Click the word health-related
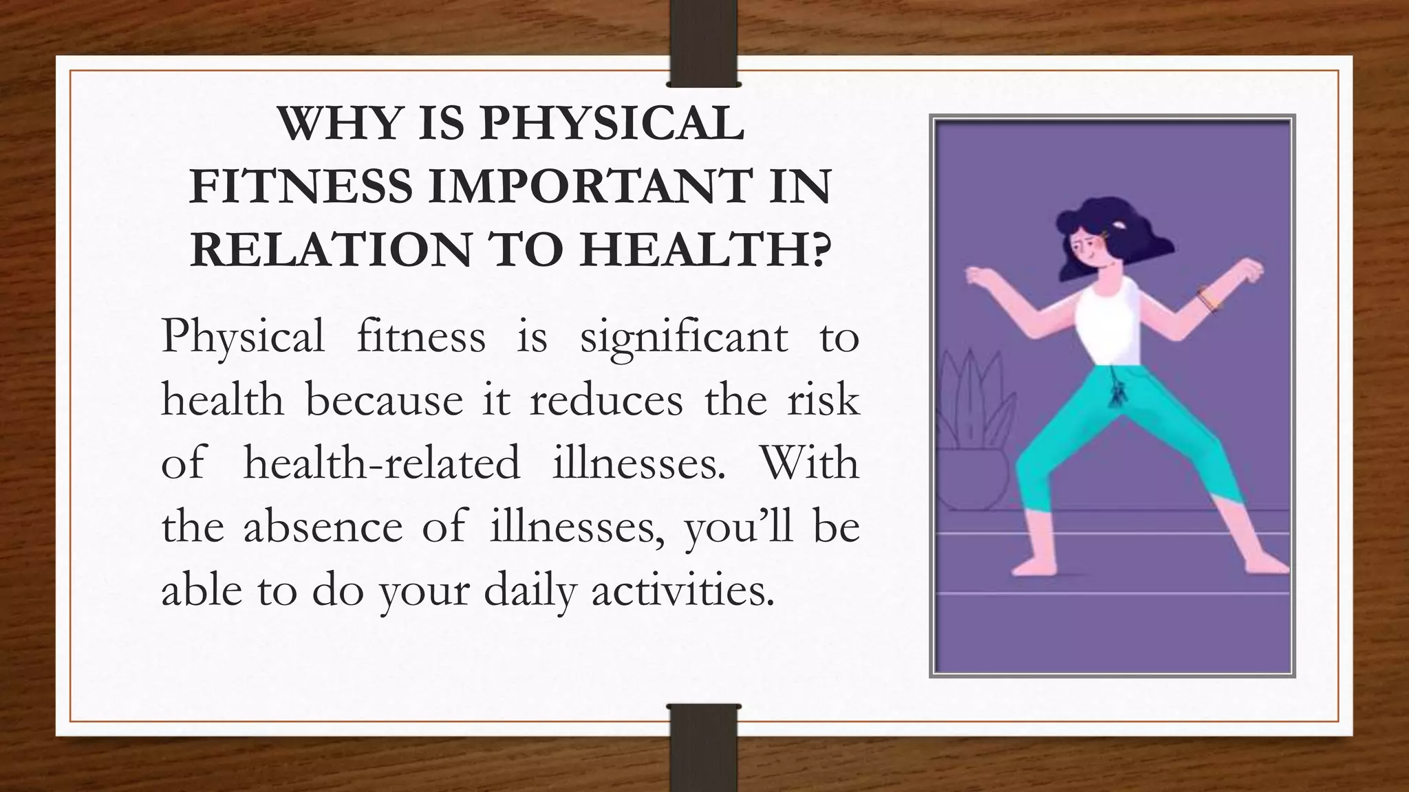pyautogui.click(x=382, y=463)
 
